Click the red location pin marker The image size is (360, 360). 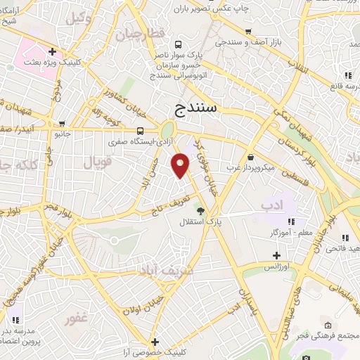click(x=181, y=165)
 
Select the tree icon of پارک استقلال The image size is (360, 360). click(x=201, y=210)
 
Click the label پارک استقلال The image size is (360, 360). click(x=210, y=222)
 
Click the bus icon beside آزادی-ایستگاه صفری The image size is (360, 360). click(x=140, y=131)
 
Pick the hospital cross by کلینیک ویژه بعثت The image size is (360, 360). click(x=53, y=51)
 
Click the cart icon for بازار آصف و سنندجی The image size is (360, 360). click(x=248, y=31)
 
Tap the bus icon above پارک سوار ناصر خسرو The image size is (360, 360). click(x=178, y=44)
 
